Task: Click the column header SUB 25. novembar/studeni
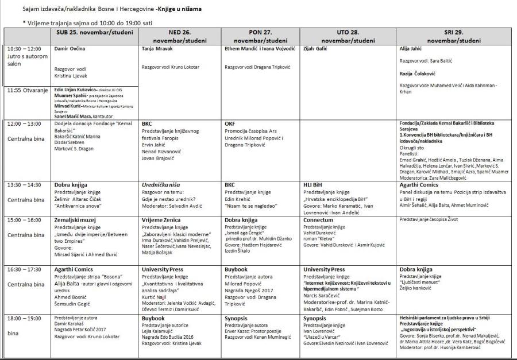pyautogui.click(x=94, y=32)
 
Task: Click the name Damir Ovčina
pyautogui.click(x=70, y=49)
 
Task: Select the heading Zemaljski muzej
pyautogui.click(x=76, y=219)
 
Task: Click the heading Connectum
pyautogui.click(x=318, y=219)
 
